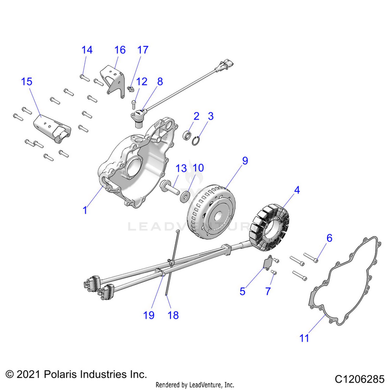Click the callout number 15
click(27, 82)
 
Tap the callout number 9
click(244, 161)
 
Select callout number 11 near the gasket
click(304, 338)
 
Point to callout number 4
click(297, 191)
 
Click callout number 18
click(173, 315)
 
